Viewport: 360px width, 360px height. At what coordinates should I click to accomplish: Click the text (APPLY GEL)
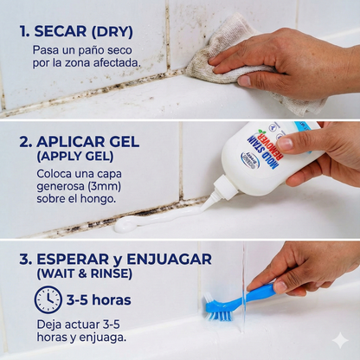[x=75, y=157]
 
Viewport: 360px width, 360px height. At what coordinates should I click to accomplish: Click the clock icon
[x=48, y=300]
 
